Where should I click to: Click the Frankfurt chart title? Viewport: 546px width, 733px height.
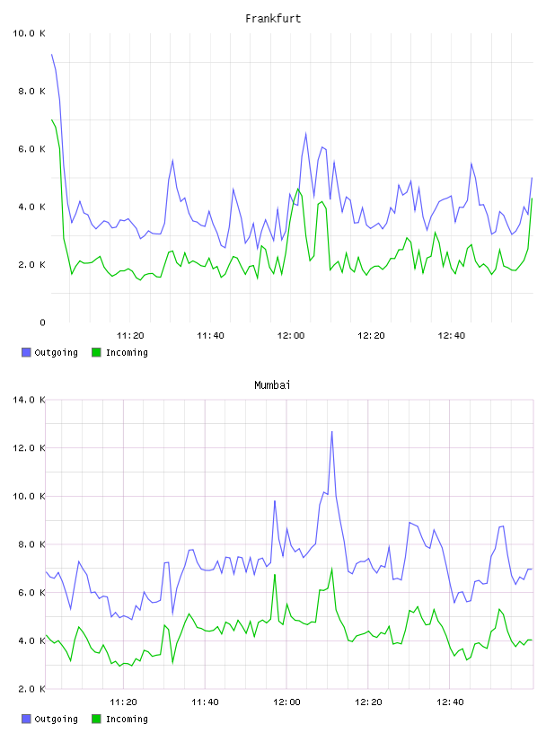click(273, 18)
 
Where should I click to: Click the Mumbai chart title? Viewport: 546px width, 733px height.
click(272, 384)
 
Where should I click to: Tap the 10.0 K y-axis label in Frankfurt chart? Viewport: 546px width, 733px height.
click(29, 33)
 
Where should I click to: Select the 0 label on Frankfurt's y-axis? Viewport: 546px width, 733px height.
click(42, 322)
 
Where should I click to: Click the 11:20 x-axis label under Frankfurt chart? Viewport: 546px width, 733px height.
click(130, 335)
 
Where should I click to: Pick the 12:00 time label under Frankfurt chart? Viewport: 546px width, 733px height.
click(291, 335)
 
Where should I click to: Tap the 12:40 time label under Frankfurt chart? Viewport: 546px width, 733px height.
click(452, 335)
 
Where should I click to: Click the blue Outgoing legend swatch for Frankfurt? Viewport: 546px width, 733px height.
click(26, 352)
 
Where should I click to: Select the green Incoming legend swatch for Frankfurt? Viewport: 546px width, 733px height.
click(96, 352)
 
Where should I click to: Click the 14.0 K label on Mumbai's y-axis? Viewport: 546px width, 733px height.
click(29, 400)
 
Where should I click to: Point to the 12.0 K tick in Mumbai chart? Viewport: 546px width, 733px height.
click(29, 448)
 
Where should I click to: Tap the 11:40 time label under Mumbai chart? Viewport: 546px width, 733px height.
click(206, 702)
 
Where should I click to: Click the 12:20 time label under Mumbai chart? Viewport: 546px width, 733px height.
click(368, 702)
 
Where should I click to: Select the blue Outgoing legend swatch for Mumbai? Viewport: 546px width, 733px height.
click(26, 719)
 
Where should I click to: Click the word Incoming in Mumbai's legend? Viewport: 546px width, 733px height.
click(127, 719)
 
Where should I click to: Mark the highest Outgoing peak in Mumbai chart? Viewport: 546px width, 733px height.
click(332, 431)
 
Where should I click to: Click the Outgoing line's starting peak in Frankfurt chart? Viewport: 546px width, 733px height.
click(52, 55)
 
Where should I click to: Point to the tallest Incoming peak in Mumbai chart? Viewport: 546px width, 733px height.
click(332, 569)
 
